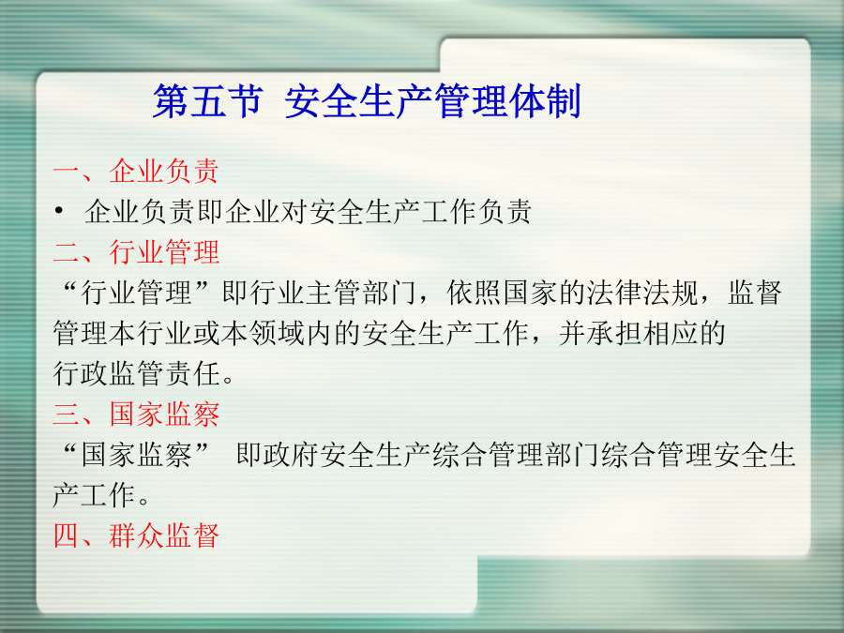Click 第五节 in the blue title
pyautogui.click(x=208, y=101)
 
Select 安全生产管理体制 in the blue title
pyautogui.click(x=432, y=101)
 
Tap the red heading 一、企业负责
pyautogui.click(x=136, y=172)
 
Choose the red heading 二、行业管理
pyautogui.click(x=136, y=252)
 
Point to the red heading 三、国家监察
pyautogui.click(x=136, y=414)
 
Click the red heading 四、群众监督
pyautogui.click(x=136, y=535)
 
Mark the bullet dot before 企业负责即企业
pyautogui.click(x=59, y=210)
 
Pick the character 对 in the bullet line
pyautogui.click(x=294, y=212)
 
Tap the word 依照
pyautogui.click(x=475, y=293)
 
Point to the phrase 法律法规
pyautogui.click(x=642, y=293)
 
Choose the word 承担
pyautogui.click(x=614, y=333)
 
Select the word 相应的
pyautogui.click(x=684, y=333)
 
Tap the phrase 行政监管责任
pyautogui.click(x=136, y=373)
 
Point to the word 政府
pyautogui.click(x=292, y=455)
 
